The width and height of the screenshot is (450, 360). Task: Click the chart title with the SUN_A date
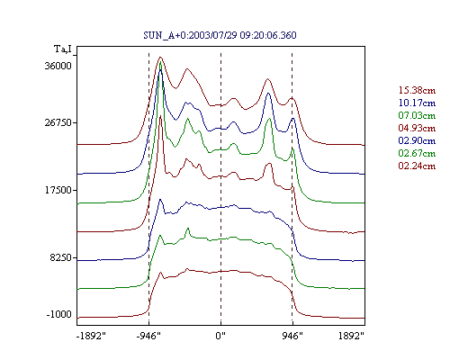pos(220,35)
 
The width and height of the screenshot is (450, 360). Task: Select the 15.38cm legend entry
pos(417,90)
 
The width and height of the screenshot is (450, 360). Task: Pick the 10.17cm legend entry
pos(417,103)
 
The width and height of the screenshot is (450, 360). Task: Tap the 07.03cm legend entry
pos(417,115)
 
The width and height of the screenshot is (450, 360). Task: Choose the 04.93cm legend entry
pos(417,128)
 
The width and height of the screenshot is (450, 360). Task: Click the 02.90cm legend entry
pos(417,140)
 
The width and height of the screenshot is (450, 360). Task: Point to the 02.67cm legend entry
pos(417,153)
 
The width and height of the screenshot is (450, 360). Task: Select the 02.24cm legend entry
pos(417,166)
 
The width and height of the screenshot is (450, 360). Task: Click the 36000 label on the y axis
pos(58,66)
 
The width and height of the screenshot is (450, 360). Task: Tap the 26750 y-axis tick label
pos(58,123)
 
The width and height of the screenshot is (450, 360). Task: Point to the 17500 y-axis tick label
pos(58,190)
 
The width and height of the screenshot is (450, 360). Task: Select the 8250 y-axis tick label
pos(61,257)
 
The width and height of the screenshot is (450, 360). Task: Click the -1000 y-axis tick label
pos(59,314)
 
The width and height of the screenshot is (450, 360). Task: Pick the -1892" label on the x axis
pos(91,336)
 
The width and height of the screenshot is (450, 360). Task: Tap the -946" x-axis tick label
pos(148,336)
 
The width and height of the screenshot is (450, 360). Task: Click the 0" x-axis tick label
pos(220,336)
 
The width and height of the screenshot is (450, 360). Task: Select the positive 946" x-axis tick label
pos(292,336)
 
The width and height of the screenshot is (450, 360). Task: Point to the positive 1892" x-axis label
pos(351,336)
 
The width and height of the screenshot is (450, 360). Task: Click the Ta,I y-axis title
pos(63,49)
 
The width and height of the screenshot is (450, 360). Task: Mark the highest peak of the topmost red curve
pos(160,57)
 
